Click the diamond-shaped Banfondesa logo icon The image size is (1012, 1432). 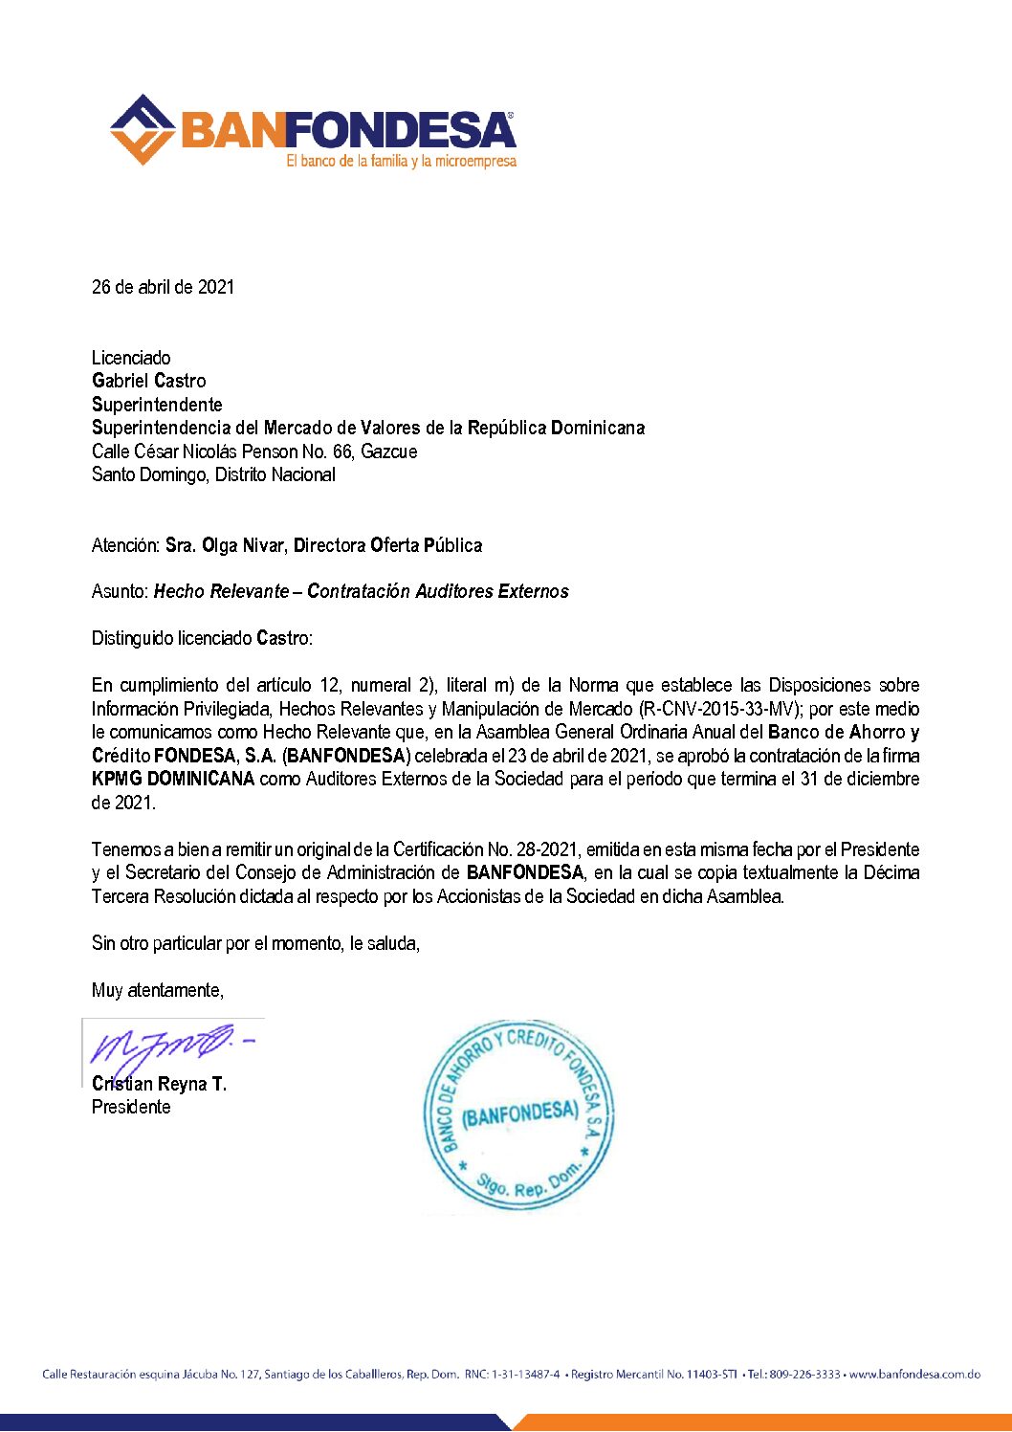pyautogui.click(x=143, y=129)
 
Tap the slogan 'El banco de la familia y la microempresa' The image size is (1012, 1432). pyautogui.click(x=401, y=162)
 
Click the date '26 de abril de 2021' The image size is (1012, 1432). pyautogui.click(x=163, y=287)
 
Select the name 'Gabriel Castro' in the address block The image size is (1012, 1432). pyautogui.click(x=148, y=381)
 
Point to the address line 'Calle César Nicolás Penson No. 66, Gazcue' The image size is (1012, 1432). pyautogui.click(x=254, y=452)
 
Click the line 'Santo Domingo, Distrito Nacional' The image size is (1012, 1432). pyautogui.click(x=213, y=474)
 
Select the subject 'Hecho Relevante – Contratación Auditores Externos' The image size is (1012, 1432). pyautogui.click(x=362, y=592)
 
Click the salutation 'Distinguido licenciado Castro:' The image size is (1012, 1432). pyautogui.click(x=202, y=638)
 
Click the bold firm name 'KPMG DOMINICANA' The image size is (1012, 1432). pyautogui.click(x=173, y=779)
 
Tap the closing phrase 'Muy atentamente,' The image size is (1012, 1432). pyautogui.click(x=158, y=990)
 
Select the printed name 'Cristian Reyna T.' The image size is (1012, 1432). pyautogui.click(x=159, y=1084)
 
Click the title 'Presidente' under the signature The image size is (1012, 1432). pyautogui.click(x=131, y=1107)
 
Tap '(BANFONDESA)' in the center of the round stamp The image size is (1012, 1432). pyautogui.click(x=519, y=1113)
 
